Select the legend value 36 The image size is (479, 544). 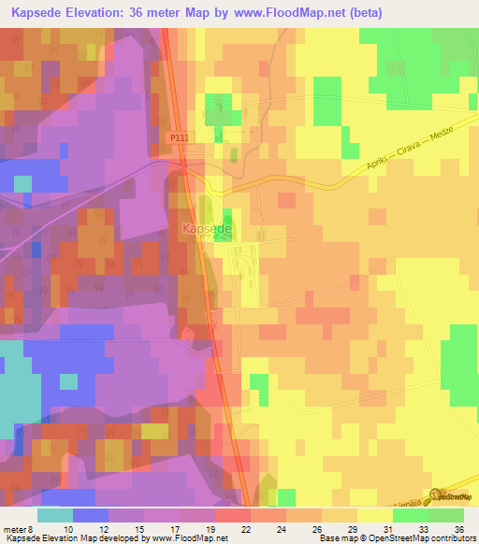pos(457,528)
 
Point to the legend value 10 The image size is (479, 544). pos(67,528)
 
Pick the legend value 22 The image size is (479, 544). pos(245,528)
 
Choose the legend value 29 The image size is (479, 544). pos(351,528)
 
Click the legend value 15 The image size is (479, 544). pos(138,528)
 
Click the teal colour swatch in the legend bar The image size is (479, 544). pos(55,514)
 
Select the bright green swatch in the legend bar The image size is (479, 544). pos(446,514)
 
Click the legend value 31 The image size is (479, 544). pos(386,528)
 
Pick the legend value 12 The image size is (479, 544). pos(103,528)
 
